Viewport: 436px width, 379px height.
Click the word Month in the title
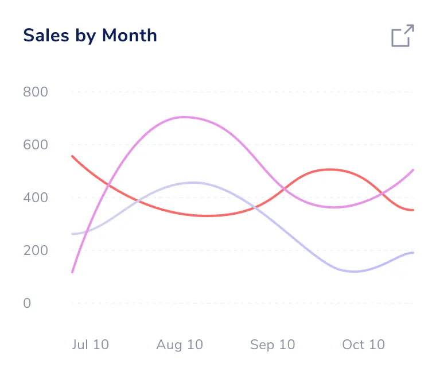tap(129, 36)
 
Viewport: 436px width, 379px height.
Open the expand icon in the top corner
tap(402, 36)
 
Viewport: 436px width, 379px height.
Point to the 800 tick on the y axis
tap(35, 92)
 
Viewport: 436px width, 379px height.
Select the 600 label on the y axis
tap(35, 145)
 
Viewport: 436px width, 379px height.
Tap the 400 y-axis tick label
tap(35, 198)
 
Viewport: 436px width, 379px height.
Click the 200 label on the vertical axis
tap(35, 250)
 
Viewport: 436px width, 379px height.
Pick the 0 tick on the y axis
tap(27, 303)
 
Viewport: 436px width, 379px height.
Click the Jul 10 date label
tap(90, 345)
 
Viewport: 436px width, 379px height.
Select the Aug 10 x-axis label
tap(180, 345)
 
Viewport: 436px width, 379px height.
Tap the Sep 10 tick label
tap(272, 345)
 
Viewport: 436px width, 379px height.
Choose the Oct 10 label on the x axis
tap(363, 345)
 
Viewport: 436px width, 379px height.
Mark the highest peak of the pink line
tap(184, 117)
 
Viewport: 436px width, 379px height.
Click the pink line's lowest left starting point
tap(72, 272)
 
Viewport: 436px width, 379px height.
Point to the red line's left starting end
tap(72, 156)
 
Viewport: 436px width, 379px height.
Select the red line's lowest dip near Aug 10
tap(207, 216)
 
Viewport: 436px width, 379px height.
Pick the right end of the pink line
tap(413, 170)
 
